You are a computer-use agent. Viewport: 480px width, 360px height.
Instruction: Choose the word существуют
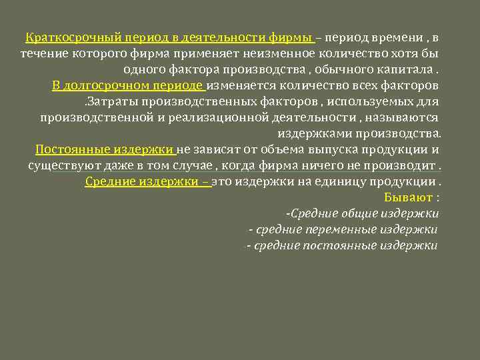[x=61, y=165]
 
